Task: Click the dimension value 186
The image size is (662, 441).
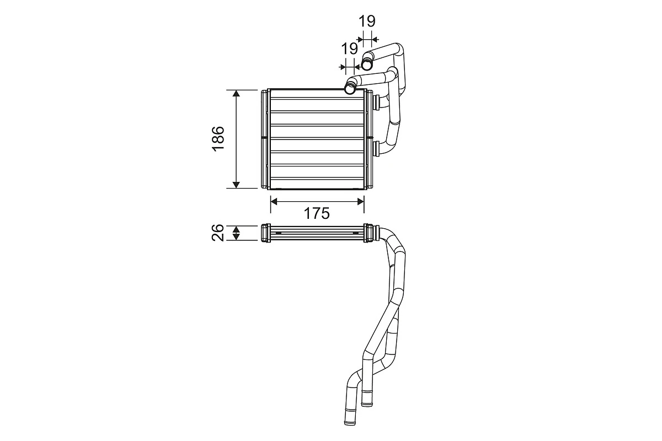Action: click(217, 138)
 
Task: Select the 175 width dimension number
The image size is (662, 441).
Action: click(317, 214)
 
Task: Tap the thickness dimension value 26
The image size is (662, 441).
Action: click(217, 233)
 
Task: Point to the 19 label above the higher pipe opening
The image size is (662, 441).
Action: click(367, 21)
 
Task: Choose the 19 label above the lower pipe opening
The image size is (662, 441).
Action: click(349, 49)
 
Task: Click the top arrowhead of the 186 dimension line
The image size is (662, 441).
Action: click(236, 94)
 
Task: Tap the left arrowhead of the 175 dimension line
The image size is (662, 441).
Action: click(275, 202)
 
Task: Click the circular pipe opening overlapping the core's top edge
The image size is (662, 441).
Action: click(350, 87)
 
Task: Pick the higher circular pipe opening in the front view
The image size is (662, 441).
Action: click(367, 64)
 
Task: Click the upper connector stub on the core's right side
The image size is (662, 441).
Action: click(377, 102)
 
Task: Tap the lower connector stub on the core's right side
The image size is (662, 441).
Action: click(377, 147)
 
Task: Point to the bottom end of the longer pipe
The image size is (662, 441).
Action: click(349, 421)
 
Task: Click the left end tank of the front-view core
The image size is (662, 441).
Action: click(265, 138)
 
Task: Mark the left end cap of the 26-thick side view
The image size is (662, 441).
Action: click(265, 233)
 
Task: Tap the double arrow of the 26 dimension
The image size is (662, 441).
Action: click(236, 233)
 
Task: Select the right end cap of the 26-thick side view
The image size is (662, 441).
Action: click(368, 233)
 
